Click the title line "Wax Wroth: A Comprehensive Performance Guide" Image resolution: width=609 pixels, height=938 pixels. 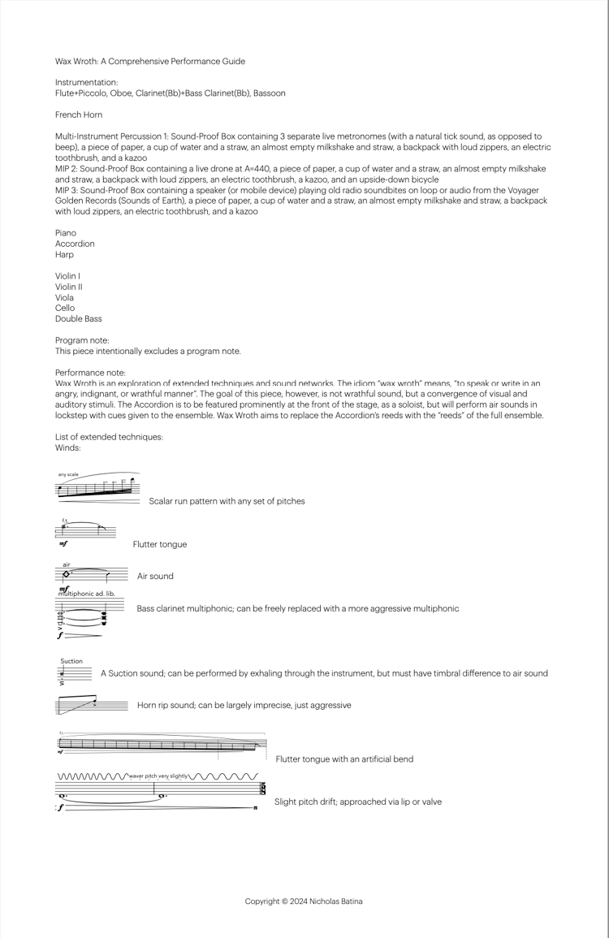click(149, 61)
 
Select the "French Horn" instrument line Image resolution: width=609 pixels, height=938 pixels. click(79, 115)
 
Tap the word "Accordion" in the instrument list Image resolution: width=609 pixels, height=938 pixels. click(75, 244)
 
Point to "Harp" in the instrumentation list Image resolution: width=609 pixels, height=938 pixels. click(64, 254)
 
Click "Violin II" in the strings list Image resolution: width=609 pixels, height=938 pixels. click(69, 287)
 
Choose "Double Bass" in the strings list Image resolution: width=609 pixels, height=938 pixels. click(79, 319)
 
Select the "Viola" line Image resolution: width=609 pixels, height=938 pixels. click(65, 297)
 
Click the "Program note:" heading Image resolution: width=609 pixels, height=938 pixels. click(82, 340)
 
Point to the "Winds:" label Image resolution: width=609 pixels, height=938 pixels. click(68, 447)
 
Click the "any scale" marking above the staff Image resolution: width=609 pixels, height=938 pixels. click(68, 474)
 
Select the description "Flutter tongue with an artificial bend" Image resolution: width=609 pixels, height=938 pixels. click(344, 759)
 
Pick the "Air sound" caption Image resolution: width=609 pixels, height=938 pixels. click(155, 577)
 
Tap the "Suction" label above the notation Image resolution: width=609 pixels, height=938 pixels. click(71, 661)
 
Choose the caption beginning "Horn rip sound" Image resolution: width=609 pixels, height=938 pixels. click(244, 705)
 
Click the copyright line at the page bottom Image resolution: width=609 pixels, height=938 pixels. click(304, 901)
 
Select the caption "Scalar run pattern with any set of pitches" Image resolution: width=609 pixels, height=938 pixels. click(227, 501)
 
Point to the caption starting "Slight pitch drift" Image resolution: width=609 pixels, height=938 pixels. click(358, 802)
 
